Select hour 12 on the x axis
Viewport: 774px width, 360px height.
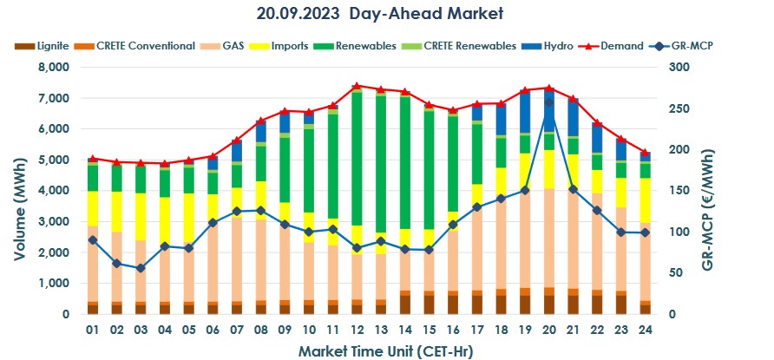point(357,331)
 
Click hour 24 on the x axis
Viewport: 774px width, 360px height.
point(645,331)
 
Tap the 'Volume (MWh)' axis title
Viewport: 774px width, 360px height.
point(19,191)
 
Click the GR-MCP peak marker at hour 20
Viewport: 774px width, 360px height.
point(548,102)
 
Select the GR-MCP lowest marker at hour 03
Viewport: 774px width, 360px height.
point(141,268)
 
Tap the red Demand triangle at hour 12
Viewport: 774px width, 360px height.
point(357,86)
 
